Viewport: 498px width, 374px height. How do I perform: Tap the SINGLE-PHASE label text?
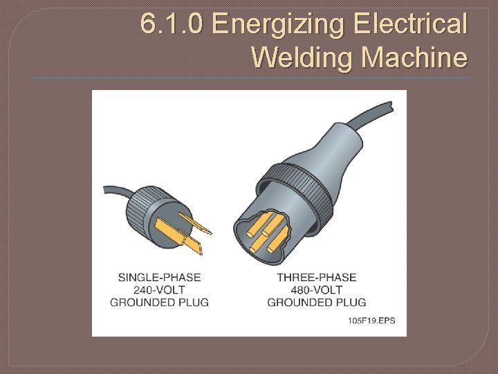159,277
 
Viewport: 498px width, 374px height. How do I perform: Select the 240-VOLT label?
159,290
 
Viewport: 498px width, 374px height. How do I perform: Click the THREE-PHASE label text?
316,277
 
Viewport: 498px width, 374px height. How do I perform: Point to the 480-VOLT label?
316,290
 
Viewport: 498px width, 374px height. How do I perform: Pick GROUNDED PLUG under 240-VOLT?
159,302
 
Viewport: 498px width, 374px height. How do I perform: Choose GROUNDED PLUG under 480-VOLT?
316,302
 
